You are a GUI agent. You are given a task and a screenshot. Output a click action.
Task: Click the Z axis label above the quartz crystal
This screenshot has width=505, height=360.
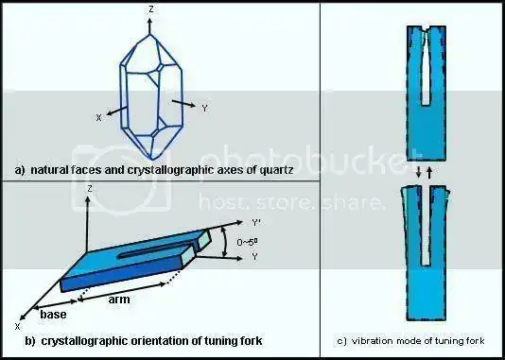(152, 9)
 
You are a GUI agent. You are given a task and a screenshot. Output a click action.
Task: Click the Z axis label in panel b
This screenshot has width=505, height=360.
(87, 189)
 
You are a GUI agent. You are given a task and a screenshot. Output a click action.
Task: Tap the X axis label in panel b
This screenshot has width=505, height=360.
(16, 325)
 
